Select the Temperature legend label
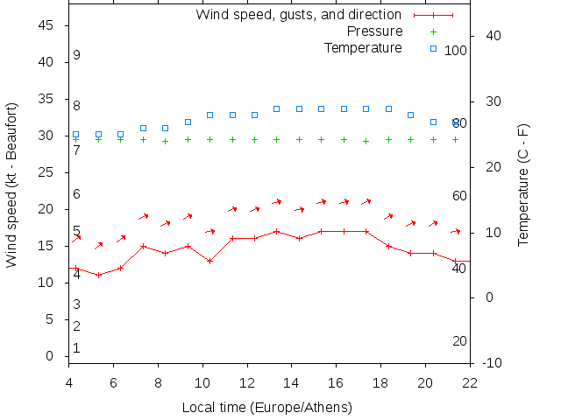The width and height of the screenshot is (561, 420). [x=363, y=47]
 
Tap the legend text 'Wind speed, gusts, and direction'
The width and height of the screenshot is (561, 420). [x=298, y=15]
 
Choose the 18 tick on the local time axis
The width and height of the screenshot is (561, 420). [x=380, y=381]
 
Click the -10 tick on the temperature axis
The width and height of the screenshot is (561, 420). [x=493, y=362]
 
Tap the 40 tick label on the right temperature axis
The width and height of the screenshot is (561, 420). [x=493, y=36]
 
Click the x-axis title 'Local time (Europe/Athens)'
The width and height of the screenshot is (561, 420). [x=266, y=408]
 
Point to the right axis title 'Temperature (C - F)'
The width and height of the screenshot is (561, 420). [x=523, y=185]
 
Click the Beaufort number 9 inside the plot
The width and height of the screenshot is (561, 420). [x=77, y=55]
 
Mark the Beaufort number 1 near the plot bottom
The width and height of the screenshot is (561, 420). [x=77, y=348]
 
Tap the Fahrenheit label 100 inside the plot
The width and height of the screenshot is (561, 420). [x=456, y=50]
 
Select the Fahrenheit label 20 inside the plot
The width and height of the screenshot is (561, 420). [x=459, y=340]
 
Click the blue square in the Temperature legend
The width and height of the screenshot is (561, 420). [x=433, y=47]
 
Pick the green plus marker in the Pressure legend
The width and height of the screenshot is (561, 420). [x=433, y=31]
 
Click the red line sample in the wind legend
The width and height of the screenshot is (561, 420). [x=433, y=15]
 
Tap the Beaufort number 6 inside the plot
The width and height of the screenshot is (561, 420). [x=77, y=194]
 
